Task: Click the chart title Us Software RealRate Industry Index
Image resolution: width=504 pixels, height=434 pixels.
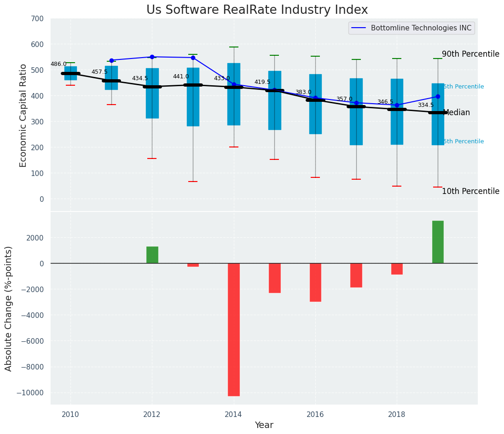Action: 257,10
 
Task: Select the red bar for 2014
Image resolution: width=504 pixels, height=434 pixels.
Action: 234,329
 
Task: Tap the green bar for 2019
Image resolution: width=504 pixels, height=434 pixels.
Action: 438,242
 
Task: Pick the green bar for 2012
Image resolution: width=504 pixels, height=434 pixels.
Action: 152,255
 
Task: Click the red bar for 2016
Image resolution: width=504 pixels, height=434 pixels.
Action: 315,282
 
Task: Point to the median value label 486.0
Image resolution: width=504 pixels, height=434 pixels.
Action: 58,64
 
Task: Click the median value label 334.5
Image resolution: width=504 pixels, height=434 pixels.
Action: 426,105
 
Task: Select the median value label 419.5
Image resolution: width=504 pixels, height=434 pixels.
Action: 262,82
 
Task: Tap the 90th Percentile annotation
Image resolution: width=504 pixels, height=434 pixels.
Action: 470,54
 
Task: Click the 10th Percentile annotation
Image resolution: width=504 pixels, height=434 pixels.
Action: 470,191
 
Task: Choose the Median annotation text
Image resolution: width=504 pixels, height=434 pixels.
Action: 456,112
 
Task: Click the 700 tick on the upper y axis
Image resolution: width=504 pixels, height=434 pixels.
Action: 37,19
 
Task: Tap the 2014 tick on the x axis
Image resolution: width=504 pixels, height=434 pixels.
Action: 234,414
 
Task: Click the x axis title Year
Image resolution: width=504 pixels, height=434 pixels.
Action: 264,425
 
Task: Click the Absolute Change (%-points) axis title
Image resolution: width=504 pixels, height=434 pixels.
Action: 9,308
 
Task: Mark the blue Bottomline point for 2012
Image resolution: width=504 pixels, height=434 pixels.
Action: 152,57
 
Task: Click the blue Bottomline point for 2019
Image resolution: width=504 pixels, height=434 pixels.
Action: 438,96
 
